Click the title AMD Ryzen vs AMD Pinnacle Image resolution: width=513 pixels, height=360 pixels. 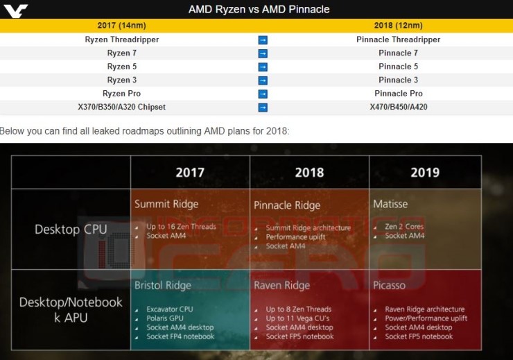pos(259,10)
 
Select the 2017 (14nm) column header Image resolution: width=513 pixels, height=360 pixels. pos(122,26)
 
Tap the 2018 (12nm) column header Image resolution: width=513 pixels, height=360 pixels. pos(399,26)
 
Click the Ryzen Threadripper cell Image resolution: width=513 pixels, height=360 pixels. pos(122,40)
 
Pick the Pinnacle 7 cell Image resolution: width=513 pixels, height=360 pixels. pos(399,53)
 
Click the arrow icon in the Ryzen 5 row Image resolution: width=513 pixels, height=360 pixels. pos(263,67)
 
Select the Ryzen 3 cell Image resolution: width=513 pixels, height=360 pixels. pos(122,80)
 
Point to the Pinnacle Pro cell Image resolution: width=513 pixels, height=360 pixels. pos(399,93)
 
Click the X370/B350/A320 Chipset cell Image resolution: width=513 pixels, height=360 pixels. pos(122,107)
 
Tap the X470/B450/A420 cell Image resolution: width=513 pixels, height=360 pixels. pos(399,107)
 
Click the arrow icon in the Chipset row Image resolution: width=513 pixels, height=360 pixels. pos(263,107)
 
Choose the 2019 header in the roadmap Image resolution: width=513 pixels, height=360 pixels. pos(425,173)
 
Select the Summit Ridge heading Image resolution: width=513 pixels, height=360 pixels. pos(166,204)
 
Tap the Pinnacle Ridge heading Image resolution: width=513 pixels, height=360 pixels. pos(287,205)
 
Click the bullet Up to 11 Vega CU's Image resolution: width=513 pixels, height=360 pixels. pos(299,318)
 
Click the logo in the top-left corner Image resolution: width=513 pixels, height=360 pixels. pos(15,10)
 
